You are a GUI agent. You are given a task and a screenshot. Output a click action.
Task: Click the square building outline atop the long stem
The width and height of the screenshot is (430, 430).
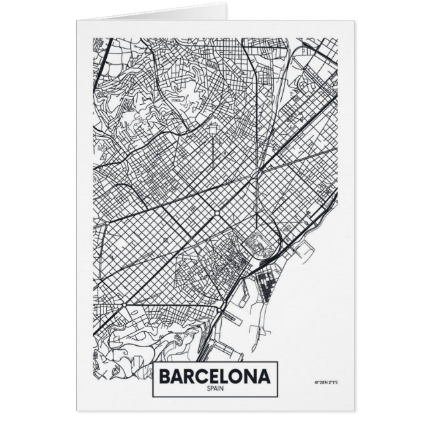(x=212, y=127)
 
